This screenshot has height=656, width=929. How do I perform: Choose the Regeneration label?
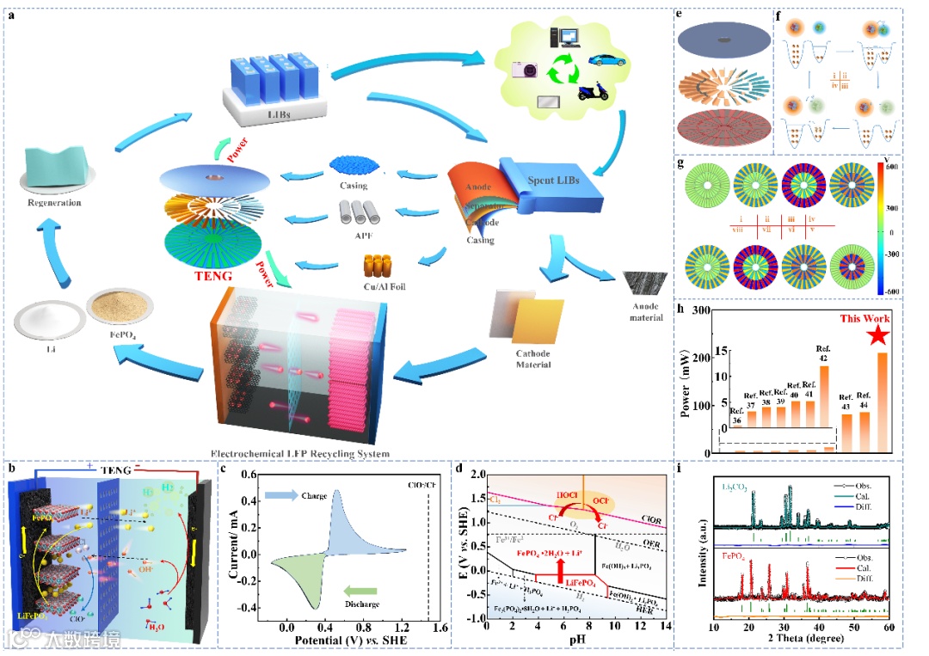(53, 203)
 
